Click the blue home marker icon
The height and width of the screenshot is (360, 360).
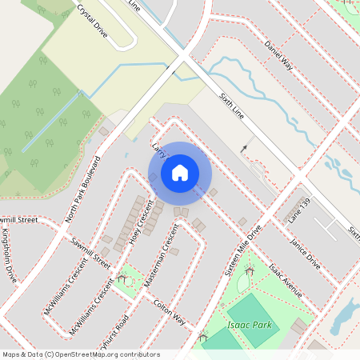[x=180, y=172]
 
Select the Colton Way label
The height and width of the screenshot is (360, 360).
[x=169, y=314]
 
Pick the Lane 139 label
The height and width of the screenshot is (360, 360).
[x=299, y=210]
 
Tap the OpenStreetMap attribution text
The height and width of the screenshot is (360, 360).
[x=80, y=354]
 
